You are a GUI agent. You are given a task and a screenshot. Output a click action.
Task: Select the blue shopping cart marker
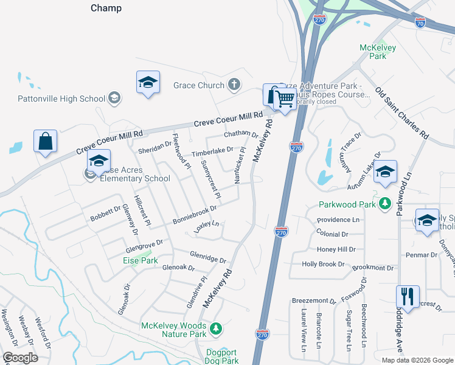tap(284, 98)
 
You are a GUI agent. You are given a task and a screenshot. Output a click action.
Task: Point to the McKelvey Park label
tap(378, 52)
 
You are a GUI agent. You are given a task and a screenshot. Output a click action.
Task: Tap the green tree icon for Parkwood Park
tap(384, 203)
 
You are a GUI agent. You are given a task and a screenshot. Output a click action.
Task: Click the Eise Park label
tap(141, 260)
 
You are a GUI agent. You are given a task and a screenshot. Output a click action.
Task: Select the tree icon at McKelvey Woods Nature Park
tap(215, 329)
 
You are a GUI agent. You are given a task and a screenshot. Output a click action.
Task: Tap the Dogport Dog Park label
tap(221, 356)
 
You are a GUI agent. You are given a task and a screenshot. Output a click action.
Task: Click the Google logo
tap(21, 357)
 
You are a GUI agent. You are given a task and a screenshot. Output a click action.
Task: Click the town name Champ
tap(106, 8)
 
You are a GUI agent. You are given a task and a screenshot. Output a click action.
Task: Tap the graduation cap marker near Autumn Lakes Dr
tap(385, 172)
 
